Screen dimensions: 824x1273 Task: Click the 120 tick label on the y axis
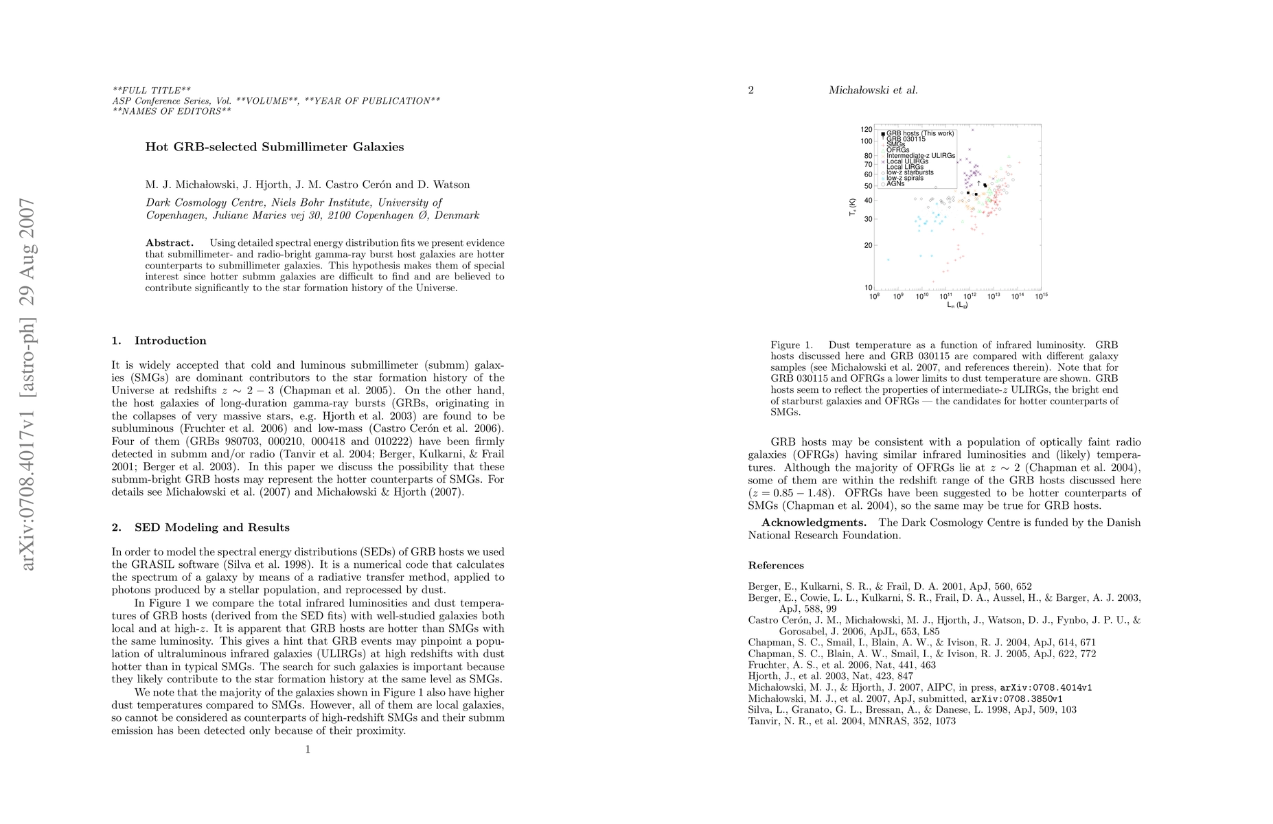pos(867,129)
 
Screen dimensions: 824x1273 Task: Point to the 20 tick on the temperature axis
pos(868,245)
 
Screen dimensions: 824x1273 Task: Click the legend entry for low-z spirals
pos(904,178)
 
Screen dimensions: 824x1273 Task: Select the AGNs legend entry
pos(895,183)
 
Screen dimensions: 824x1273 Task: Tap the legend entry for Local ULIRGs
pos(907,161)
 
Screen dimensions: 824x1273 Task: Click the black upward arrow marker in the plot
pos(978,183)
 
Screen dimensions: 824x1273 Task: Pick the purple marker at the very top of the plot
pos(972,129)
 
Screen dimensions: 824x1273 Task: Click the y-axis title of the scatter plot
pos(852,209)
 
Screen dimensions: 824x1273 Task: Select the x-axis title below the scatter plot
pos(957,305)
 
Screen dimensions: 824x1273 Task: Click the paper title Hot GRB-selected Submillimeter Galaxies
pos(275,147)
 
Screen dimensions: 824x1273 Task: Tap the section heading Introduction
pos(170,341)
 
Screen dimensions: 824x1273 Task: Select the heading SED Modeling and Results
pos(211,527)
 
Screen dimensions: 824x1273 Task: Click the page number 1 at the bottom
pos(308,749)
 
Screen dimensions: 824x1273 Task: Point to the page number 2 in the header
pos(750,90)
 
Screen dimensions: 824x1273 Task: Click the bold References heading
pos(776,565)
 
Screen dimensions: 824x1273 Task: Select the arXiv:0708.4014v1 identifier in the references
pos(1046,687)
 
